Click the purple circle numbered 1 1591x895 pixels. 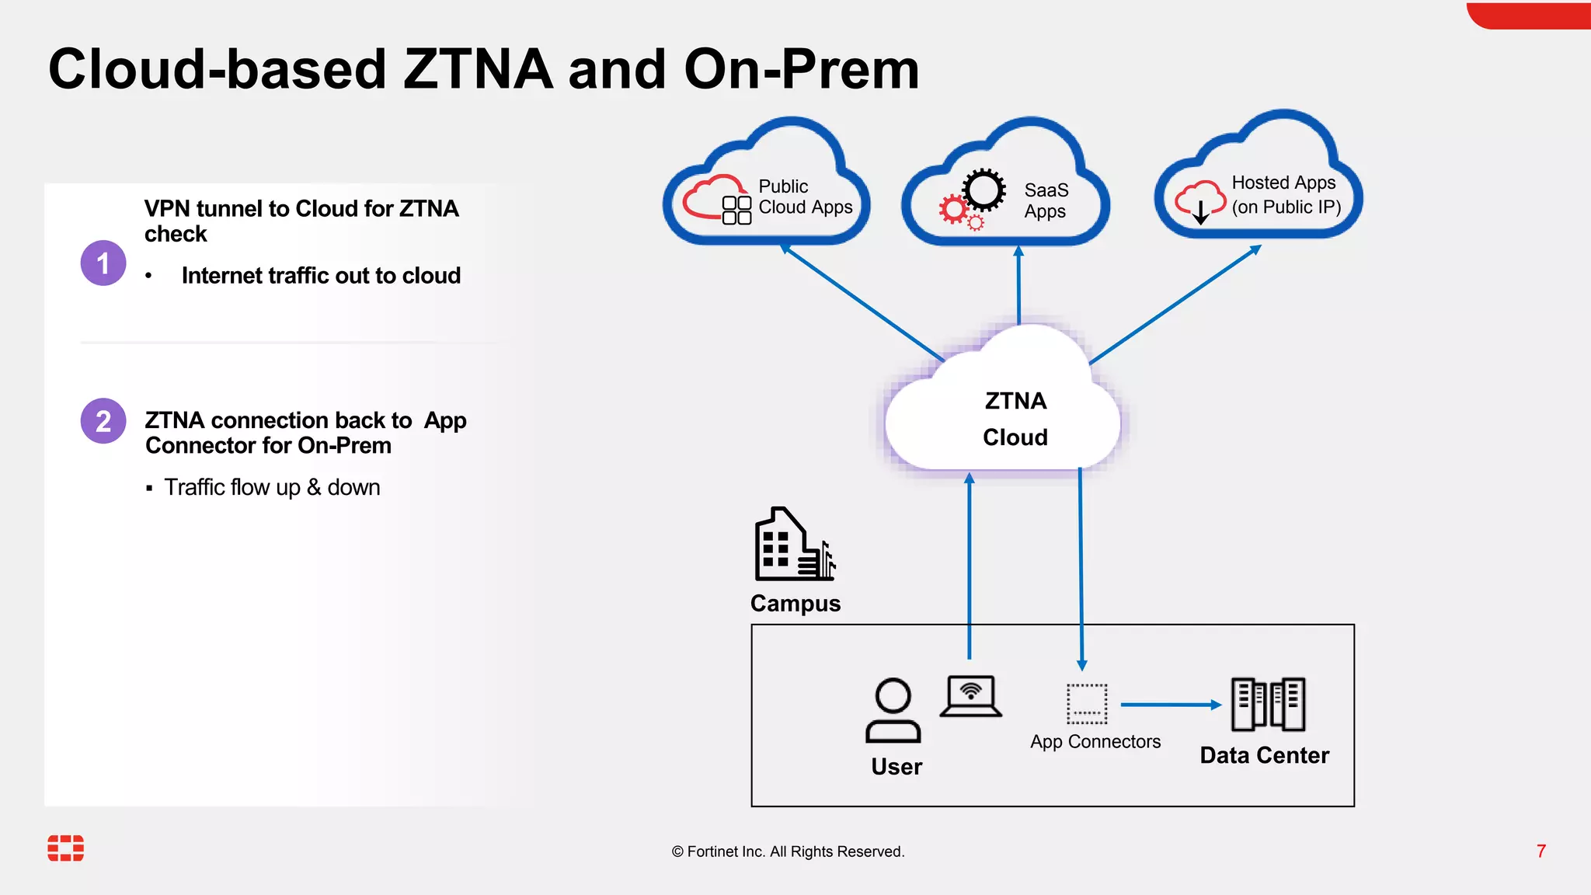tap(103, 263)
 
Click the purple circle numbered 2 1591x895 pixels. tap(103, 421)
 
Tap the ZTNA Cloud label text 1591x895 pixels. tap(1015, 419)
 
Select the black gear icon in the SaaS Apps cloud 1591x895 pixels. tap(983, 190)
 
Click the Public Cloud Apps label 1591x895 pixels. tap(805, 197)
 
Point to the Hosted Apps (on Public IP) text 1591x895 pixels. tap(1286, 194)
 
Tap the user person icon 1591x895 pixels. tap(893, 711)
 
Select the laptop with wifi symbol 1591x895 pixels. tap(970, 695)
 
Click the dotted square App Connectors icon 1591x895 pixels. tap(1086, 704)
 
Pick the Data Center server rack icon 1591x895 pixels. tap(1268, 704)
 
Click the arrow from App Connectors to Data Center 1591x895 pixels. tap(1170, 705)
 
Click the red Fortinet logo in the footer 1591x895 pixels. tap(66, 848)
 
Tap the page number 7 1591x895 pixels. tap(1541, 851)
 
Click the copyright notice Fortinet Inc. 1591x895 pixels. tap(788, 851)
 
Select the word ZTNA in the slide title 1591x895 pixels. tap(478, 69)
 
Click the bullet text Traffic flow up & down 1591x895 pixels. tap(272, 487)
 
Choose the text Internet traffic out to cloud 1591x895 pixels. tap(321, 276)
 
